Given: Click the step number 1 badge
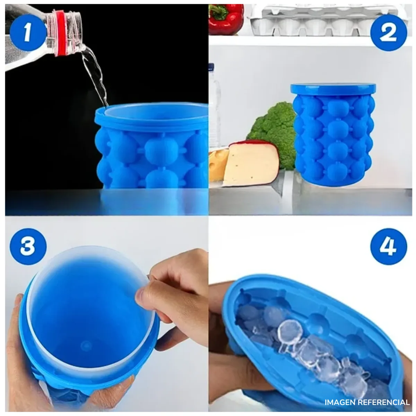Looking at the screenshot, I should pyautogui.click(x=27, y=34).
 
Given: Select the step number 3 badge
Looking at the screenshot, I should pyautogui.click(x=28, y=245).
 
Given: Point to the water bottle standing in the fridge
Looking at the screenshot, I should pyautogui.click(x=215, y=104).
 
